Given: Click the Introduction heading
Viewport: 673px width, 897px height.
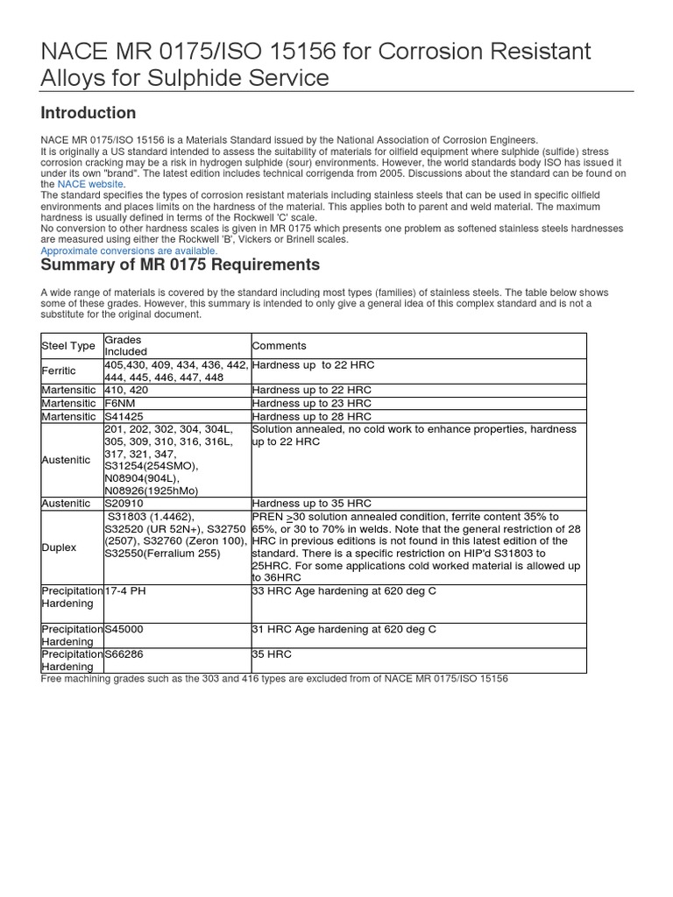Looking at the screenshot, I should [89, 113].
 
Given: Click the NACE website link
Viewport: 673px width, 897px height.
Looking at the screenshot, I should [91, 185].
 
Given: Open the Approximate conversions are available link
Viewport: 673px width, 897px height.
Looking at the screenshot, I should [129, 250].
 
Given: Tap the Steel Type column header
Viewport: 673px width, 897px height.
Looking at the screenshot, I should [67, 346].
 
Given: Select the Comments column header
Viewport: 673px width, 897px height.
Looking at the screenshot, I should [279, 346].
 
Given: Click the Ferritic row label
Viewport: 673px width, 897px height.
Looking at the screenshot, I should [60, 371].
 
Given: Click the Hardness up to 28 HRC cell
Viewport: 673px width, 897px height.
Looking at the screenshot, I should [311, 416].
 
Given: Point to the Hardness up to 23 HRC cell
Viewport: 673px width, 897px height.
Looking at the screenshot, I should [311, 403].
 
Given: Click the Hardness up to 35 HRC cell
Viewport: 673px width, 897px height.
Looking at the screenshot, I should [311, 504].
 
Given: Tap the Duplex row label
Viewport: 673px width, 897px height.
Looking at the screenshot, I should [59, 547].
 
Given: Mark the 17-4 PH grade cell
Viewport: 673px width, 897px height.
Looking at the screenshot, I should [125, 591].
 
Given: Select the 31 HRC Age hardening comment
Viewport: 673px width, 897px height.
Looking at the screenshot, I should [344, 629].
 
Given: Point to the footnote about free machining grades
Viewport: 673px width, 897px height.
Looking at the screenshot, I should [274, 679].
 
